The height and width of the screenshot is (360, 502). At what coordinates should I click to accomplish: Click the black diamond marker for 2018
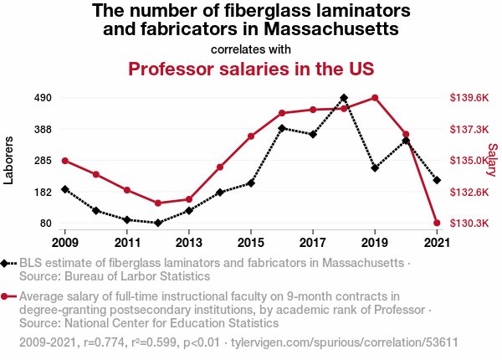click(x=344, y=98)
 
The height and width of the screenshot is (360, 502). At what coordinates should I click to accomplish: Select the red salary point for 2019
click(x=375, y=98)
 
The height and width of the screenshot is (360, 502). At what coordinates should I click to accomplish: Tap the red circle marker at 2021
click(x=437, y=223)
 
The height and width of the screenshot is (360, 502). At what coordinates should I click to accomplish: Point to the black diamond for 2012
click(x=158, y=223)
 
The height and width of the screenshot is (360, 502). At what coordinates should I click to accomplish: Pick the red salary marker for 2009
click(x=65, y=161)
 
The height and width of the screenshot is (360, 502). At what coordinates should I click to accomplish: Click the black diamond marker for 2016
click(x=282, y=128)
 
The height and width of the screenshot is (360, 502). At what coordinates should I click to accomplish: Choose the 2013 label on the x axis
click(x=189, y=243)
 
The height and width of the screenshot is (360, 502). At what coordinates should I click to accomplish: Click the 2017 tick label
click(x=313, y=243)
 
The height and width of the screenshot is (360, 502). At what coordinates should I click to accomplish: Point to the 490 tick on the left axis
click(x=43, y=98)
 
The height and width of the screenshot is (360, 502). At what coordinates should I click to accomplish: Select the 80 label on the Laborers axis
click(x=46, y=224)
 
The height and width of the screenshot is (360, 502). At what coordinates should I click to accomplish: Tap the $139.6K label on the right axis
click(x=469, y=98)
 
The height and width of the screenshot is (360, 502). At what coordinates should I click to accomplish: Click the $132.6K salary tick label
click(x=469, y=193)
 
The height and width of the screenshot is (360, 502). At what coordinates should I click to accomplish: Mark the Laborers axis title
click(x=8, y=161)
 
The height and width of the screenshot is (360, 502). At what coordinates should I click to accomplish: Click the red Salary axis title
click(x=493, y=160)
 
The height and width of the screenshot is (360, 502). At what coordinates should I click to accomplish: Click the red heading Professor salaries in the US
click(x=251, y=69)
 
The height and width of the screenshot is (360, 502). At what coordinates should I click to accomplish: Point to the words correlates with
click(x=251, y=49)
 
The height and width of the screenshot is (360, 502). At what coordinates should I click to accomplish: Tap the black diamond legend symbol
click(x=4, y=264)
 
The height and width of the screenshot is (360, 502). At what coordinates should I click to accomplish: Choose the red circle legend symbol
click(x=4, y=296)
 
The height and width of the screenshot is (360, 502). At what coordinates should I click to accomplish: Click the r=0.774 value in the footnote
click(x=104, y=342)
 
